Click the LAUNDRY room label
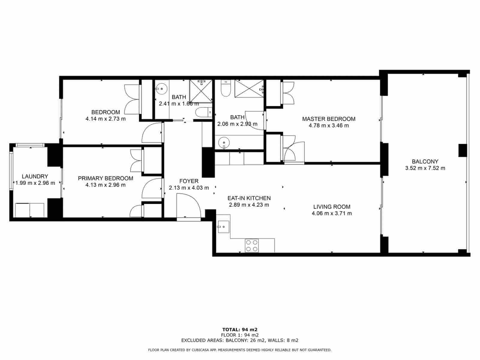tap(35, 176)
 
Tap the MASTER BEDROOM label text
tap(328, 119)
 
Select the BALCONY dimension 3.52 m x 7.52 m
tap(425, 168)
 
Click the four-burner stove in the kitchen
tap(251, 245)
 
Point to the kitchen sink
tap(223, 227)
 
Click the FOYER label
tap(189, 181)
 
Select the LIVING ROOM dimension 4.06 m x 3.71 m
tap(331, 213)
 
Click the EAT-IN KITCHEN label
tap(249, 198)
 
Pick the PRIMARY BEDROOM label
tap(105, 178)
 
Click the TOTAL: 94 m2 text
tap(240, 329)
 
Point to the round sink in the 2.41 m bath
tap(162, 88)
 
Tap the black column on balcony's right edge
tap(462, 150)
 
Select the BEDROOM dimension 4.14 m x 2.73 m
tap(105, 118)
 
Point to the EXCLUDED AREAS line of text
tap(240, 340)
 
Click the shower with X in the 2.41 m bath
tap(201, 91)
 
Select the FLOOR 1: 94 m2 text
tap(240, 335)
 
